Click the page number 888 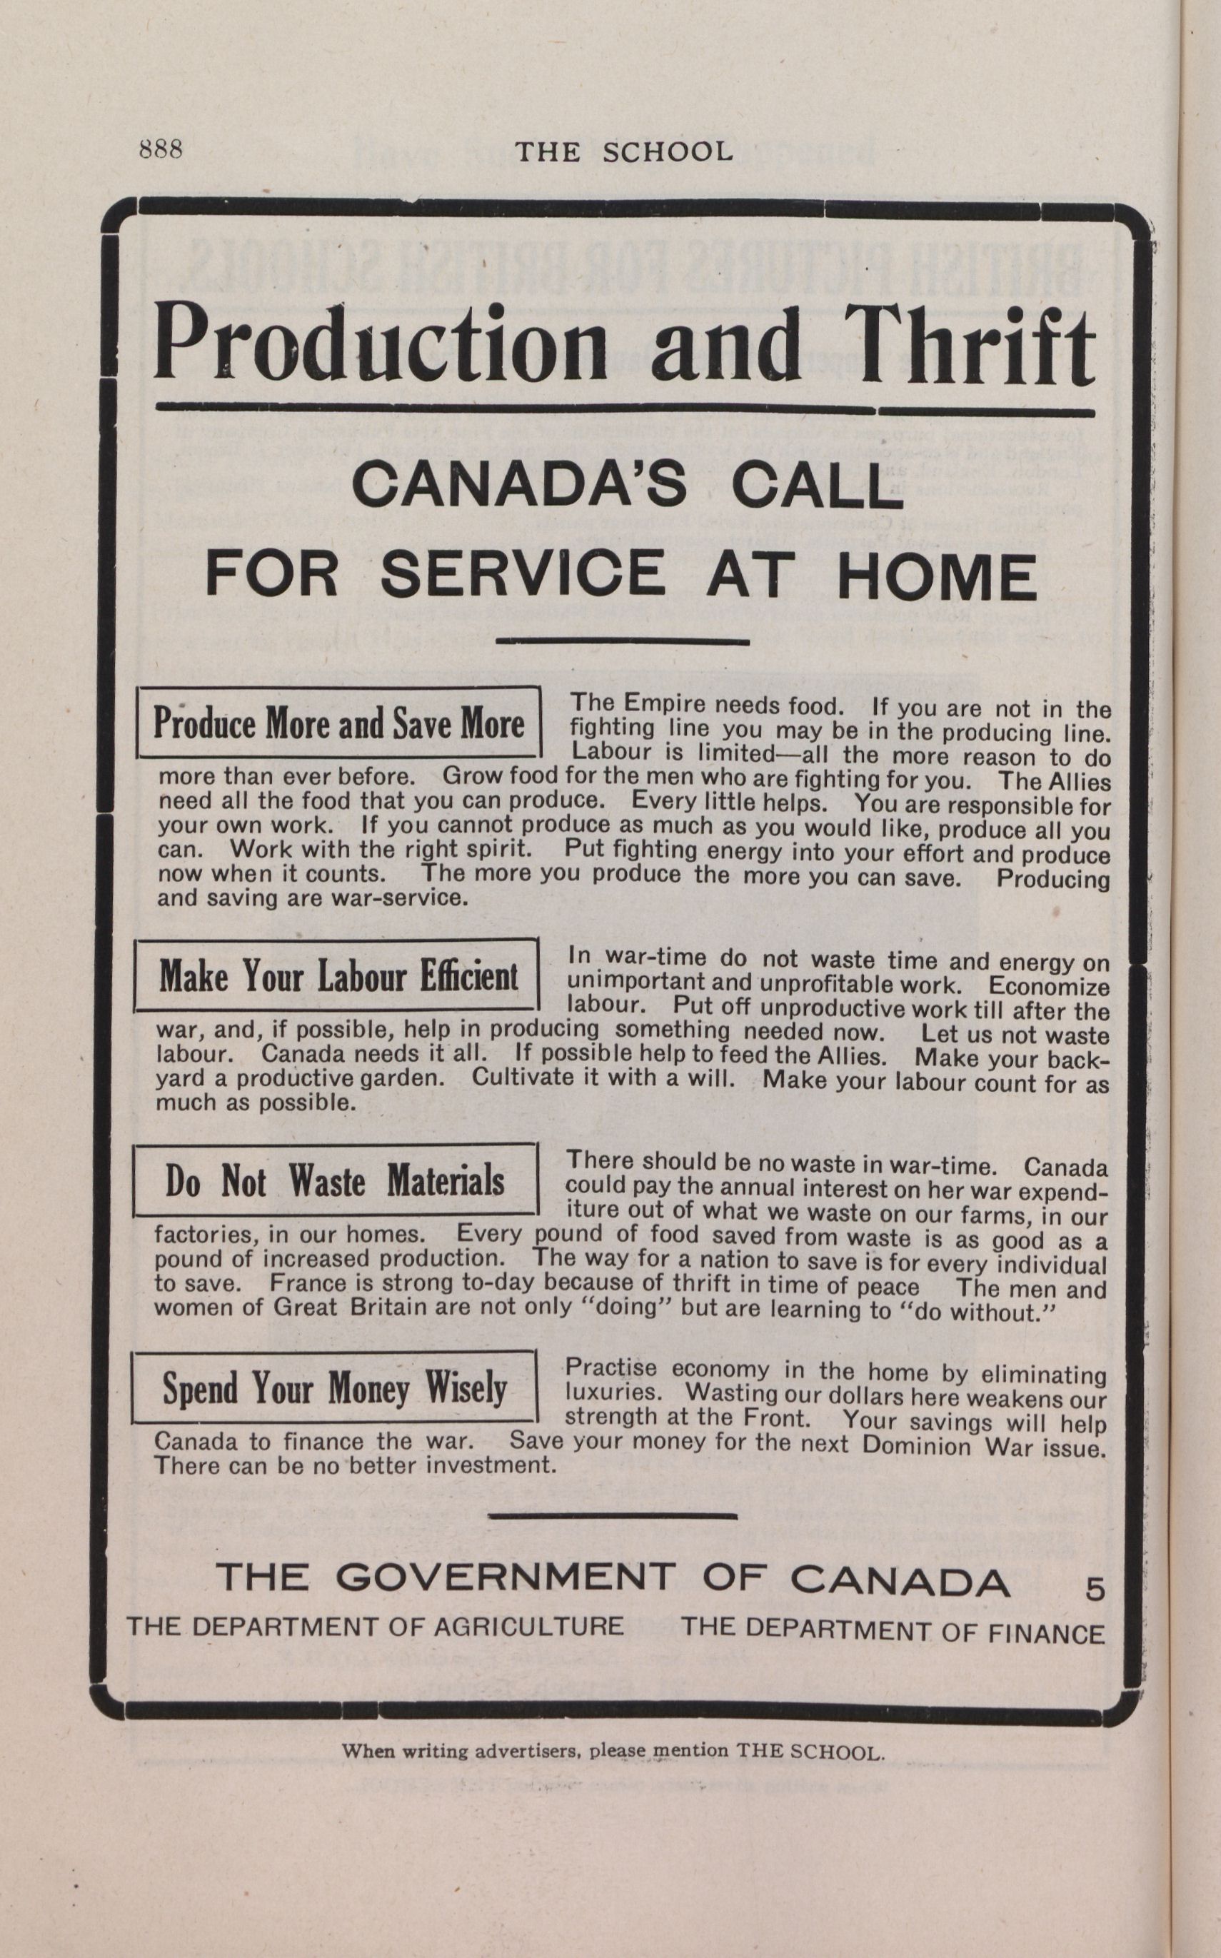click(x=161, y=149)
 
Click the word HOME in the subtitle click(x=937, y=575)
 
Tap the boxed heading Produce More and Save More click(x=338, y=723)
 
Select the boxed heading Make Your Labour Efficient click(x=338, y=976)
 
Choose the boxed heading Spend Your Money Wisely click(x=335, y=1389)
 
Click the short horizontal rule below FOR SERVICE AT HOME click(x=625, y=643)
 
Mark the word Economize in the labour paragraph click(x=1048, y=988)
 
